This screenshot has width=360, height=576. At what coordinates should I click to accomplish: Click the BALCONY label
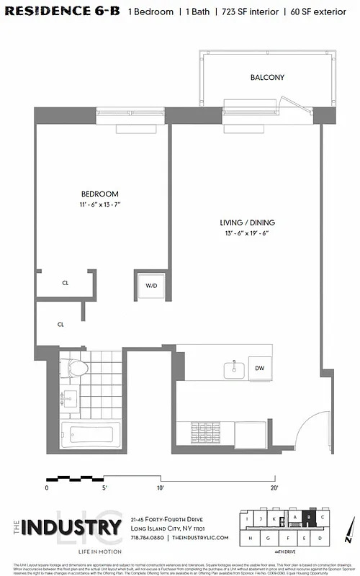click(267, 77)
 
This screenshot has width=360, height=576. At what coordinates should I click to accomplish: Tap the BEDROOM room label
click(99, 194)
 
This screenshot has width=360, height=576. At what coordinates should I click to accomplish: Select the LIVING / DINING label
click(248, 222)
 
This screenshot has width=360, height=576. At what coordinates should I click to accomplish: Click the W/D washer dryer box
click(151, 286)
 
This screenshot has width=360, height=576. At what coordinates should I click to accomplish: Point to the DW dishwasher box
click(259, 369)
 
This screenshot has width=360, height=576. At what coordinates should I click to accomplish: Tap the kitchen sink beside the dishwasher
click(233, 369)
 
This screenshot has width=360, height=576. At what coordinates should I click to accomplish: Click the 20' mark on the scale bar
click(275, 487)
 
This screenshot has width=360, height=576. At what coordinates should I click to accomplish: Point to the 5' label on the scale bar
click(105, 487)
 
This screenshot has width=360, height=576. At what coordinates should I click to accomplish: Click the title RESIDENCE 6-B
click(63, 12)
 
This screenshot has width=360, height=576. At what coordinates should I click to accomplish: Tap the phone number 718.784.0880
click(147, 538)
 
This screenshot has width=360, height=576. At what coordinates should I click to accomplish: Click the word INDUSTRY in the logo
click(71, 528)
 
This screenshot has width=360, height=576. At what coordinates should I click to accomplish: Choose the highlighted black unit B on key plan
click(310, 516)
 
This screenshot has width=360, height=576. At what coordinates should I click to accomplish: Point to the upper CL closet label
click(65, 283)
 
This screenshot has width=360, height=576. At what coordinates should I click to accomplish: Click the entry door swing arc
click(306, 432)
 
